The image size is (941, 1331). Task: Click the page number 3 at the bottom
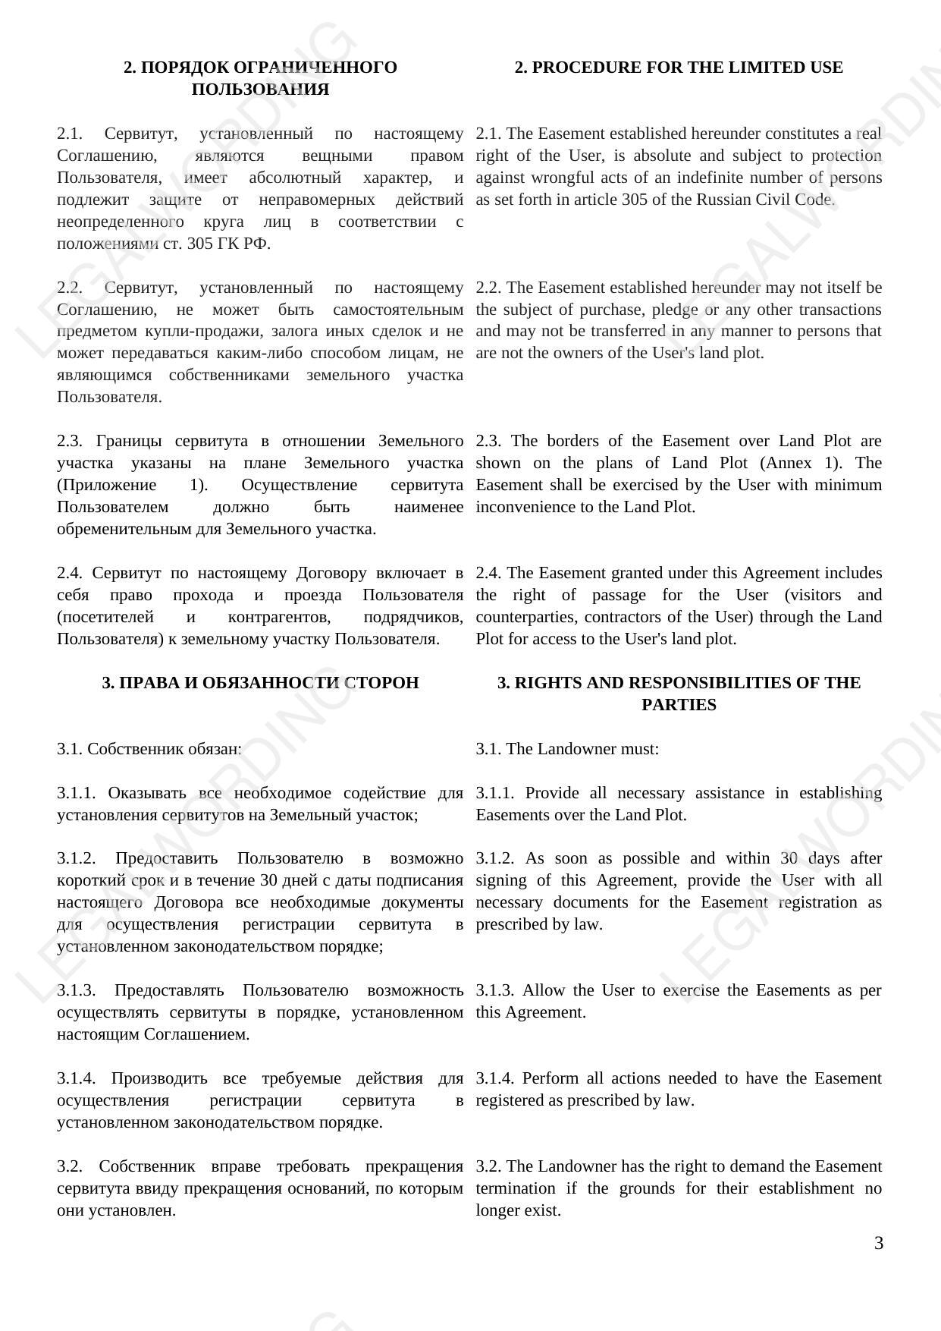(878, 1243)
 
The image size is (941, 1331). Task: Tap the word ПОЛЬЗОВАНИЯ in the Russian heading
(260, 90)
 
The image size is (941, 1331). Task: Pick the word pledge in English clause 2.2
(677, 310)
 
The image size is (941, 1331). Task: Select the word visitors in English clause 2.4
(820, 595)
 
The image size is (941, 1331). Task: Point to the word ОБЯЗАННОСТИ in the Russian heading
(284, 683)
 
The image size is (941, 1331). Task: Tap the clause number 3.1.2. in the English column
(495, 858)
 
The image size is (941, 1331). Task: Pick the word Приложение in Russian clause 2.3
(106, 485)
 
